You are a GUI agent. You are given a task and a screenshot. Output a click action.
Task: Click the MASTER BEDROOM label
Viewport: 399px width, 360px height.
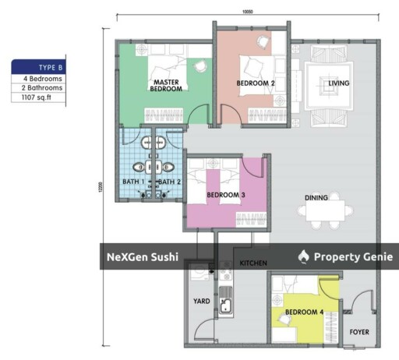(168, 86)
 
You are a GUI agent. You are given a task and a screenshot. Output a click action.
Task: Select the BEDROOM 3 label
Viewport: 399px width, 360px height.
(226, 195)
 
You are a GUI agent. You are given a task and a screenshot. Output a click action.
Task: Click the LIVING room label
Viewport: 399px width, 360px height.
(338, 83)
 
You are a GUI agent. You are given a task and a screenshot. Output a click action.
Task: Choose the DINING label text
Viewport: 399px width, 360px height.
(316, 198)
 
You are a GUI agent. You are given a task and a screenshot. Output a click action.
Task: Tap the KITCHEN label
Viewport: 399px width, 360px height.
(255, 263)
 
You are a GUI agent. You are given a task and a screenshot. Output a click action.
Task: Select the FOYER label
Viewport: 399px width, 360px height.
(358, 331)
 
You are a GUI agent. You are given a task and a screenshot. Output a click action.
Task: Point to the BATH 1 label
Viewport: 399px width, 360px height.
(133, 182)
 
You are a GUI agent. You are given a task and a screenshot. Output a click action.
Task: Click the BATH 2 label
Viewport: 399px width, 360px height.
(169, 182)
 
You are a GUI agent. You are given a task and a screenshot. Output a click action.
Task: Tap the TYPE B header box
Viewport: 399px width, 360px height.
(37, 68)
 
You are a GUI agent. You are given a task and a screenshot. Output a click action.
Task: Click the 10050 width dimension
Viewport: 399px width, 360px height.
(249, 11)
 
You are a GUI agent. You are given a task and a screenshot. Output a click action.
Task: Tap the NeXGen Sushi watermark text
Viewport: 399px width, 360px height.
(143, 256)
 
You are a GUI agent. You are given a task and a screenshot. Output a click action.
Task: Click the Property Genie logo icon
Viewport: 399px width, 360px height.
(304, 256)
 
